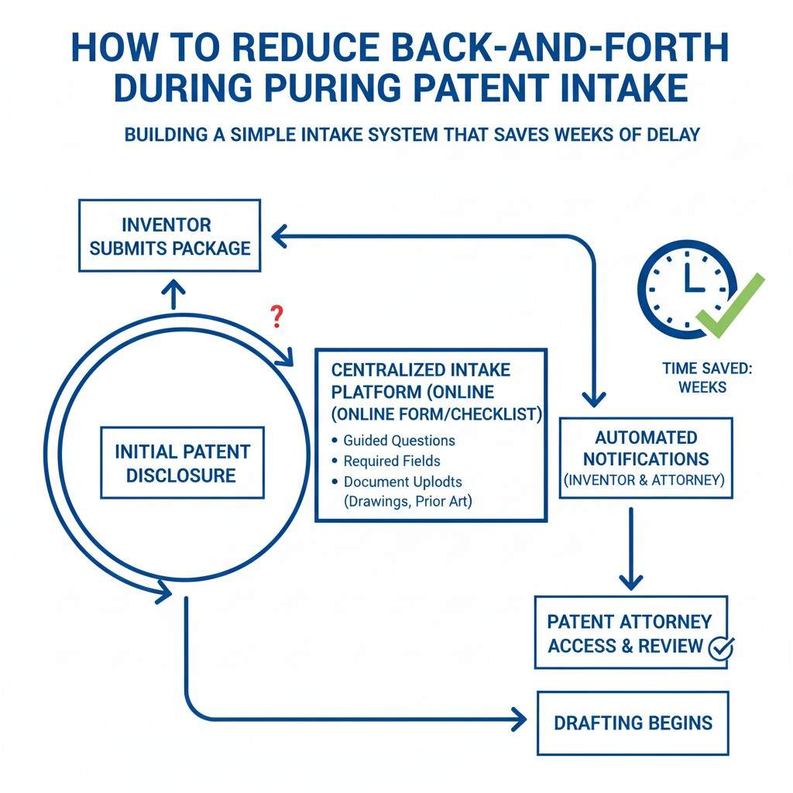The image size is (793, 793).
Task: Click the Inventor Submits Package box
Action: point(170,235)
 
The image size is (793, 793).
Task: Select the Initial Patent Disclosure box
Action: point(182,462)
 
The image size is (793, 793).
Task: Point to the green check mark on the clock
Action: point(731,306)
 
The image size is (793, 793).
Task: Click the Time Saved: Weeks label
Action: point(706,377)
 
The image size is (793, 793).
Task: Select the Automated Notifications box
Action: point(645,458)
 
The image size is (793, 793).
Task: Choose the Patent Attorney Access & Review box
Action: point(630,632)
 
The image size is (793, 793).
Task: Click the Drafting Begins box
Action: point(632,722)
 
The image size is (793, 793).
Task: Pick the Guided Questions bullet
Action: point(399,440)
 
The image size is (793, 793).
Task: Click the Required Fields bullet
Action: point(392,461)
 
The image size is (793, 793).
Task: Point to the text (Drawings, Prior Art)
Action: point(407,501)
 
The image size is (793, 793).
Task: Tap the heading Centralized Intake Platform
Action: point(421,369)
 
